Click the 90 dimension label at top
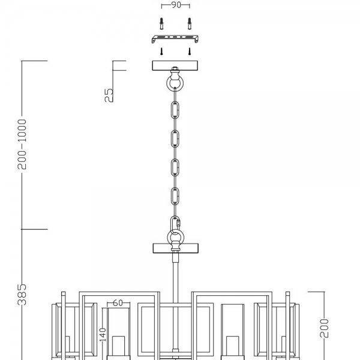click(176, 5)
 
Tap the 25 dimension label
click(109, 95)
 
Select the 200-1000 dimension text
click(22, 144)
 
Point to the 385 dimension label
click(22, 295)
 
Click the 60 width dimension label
click(118, 303)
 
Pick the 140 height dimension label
click(103, 335)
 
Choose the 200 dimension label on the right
click(324, 328)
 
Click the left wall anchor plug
click(161, 23)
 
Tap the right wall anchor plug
click(190, 23)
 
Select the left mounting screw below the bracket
click(161, 51)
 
